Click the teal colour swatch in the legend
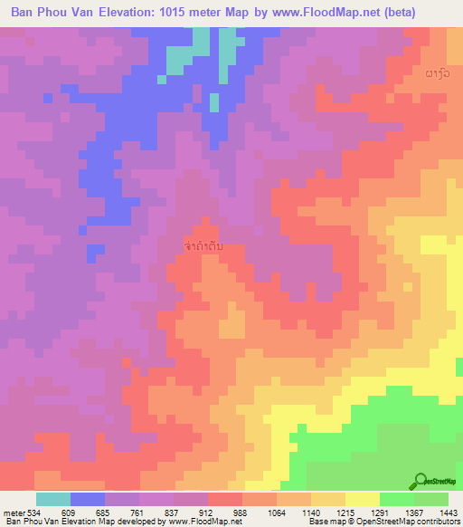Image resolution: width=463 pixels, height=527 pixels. (52, 499)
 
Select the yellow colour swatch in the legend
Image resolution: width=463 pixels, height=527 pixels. (362, 499)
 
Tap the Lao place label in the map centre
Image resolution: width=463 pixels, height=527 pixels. (204, 245)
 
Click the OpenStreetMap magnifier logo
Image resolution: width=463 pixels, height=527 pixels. (421, 481)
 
